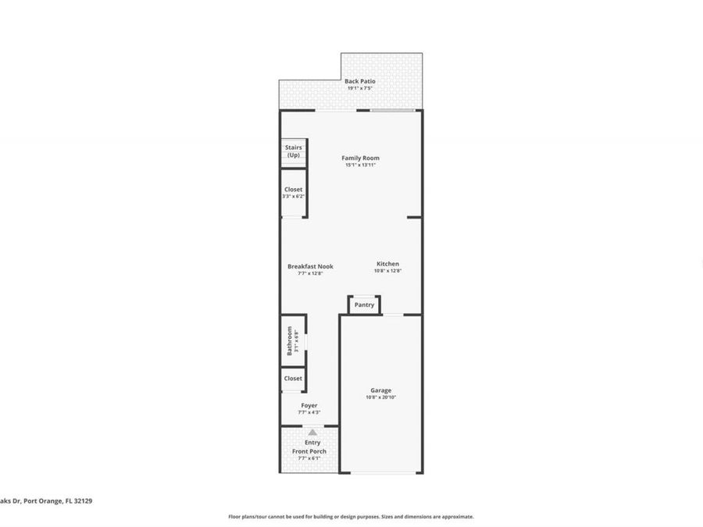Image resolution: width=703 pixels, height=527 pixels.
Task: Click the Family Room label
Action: tap(360, 158)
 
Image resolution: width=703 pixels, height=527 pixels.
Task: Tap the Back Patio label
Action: tap(360, 80)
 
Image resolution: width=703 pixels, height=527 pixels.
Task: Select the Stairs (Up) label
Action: tap(293, 151)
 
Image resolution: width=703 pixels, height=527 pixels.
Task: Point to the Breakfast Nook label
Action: tap(310, 266)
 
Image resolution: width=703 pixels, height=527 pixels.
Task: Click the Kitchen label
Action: tap(387, 264)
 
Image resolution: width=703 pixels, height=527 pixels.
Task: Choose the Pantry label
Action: tap(364, 304)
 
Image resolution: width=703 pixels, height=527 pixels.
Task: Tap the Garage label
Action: tap(381, 390)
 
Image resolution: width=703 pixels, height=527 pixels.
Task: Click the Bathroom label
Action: tap(289, 340)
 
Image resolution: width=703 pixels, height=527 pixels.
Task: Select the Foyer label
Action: tap(309, 405)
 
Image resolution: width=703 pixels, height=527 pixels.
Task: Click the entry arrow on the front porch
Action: tap(312, 432)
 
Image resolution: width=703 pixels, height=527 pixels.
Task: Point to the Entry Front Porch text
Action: tap(310, 447)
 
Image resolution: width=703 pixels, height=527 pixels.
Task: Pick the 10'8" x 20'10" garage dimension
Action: tap(381, 397)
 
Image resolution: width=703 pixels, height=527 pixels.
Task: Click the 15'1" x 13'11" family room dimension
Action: tap(360, 165)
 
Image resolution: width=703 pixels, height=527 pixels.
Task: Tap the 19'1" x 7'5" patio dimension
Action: tap(360, 87)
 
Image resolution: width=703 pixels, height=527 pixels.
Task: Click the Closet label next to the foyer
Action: tap(293, 379)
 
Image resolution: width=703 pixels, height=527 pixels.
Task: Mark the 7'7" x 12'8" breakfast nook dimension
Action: tap(310, 273)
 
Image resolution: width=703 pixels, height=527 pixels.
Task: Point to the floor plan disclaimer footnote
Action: tap(351, 516)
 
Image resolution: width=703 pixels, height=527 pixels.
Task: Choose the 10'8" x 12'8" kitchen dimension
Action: tap(387, 271)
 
